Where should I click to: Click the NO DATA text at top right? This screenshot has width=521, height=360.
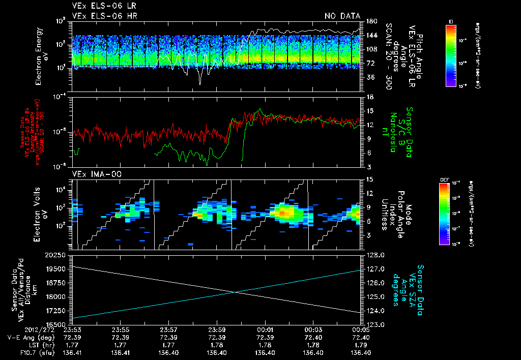pyautogui.click(x=342, y=16)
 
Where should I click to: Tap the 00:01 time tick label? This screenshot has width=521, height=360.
pyautogui.click(x=266, y=329)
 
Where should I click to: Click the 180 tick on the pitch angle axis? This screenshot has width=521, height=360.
pyautogui.click(x=371, y=21)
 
